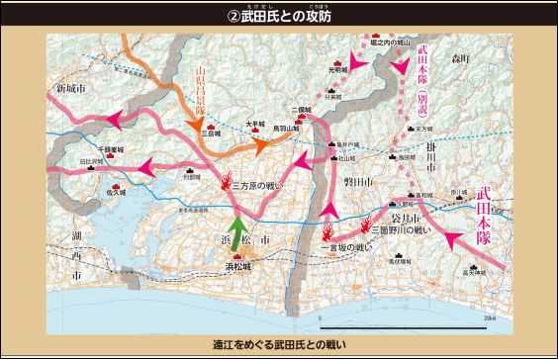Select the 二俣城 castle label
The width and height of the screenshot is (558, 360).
click(301, 110)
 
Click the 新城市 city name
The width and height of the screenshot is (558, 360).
click(72, 89)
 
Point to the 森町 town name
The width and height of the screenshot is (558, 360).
click(464, 61)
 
